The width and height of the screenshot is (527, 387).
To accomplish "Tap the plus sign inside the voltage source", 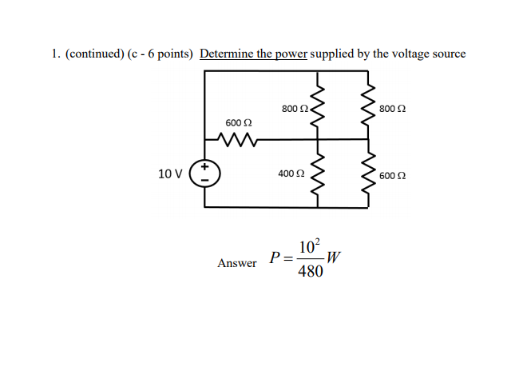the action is coord(204,166).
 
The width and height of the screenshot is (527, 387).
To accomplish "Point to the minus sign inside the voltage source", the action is coord(204,181).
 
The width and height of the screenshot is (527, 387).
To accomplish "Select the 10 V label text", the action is coord(170,174).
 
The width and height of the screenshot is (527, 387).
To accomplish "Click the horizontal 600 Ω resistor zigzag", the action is coord(237,139).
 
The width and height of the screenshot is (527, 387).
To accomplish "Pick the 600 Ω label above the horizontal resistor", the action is coord(239,123).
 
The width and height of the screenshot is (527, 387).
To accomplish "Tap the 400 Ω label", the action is coord(291,174).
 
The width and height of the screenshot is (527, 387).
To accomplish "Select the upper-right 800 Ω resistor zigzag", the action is coord(368,105).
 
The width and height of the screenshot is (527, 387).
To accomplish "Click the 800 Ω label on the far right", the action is coord(392,109).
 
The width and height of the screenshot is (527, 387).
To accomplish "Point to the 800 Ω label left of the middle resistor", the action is coord(295,109).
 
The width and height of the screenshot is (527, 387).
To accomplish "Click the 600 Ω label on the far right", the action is coord(392,176).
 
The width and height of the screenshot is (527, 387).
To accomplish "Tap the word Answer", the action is coord(237,263).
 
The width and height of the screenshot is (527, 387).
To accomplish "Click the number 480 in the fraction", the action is coord(311,271).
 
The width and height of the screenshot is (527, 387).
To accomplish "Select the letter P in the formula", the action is coord(275,257).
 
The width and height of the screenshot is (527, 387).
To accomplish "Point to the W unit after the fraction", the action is coord(333,257).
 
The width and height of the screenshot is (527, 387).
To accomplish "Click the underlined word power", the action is coord(291,54).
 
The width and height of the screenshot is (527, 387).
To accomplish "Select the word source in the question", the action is coord(449,54).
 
